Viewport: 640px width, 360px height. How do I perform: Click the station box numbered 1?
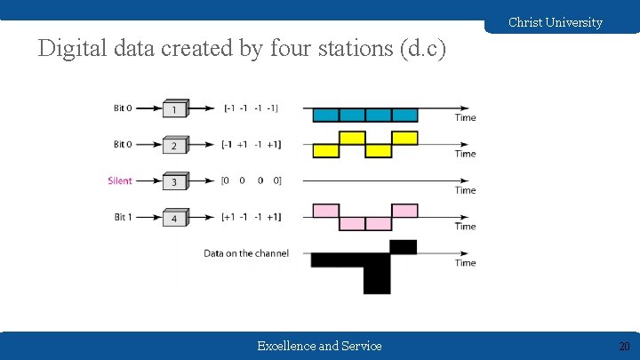click(x=175, y=108)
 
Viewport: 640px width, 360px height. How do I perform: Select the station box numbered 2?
click(x=175, y=145)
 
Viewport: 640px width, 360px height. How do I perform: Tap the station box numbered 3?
click(x=175, y=181)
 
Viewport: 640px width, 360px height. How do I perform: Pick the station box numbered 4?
click(x=175, y=218)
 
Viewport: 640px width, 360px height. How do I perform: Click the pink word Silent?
click(x=120, y=180)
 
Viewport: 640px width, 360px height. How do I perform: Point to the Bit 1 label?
click(x=124, y=217)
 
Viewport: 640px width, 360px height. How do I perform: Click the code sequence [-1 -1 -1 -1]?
click(x=251, y=108)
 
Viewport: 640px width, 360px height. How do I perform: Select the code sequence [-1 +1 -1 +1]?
click(x=251, y=145)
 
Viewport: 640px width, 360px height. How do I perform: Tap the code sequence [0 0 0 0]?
click(x=251, y=181)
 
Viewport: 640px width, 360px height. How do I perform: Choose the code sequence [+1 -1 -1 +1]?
click(x=251, y=218)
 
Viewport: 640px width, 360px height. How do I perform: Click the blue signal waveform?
click(x=364, y=115)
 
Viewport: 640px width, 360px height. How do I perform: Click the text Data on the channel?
click(x=246, y=253)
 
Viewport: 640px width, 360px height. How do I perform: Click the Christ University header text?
click(x=555, y=22)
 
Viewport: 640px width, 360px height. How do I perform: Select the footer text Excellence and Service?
click(x=319, y=346)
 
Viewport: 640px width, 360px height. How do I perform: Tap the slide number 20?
click(x=624, y=346)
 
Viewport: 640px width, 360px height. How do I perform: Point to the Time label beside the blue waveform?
click(x=465, y=117)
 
